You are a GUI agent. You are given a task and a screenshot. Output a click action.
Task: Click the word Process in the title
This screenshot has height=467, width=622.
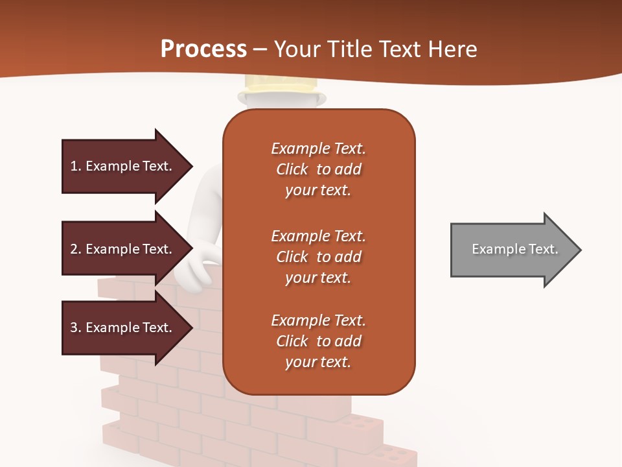[203, 49]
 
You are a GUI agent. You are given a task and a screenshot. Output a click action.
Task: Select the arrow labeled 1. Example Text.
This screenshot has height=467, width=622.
[123, 166]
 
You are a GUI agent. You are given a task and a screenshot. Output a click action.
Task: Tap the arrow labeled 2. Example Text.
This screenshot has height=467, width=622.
[123, 249]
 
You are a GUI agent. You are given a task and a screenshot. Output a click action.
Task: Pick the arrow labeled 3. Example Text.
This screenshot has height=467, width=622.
[123, 328]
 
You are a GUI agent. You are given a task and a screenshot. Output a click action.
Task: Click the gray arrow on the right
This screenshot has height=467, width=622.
[512, 250]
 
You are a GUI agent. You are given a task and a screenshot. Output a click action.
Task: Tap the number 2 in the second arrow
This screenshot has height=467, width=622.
[74, 249]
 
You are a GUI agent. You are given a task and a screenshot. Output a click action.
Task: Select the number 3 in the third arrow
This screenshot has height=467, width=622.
[74, 328]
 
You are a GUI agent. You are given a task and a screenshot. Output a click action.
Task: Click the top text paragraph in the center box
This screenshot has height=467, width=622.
[318, 169]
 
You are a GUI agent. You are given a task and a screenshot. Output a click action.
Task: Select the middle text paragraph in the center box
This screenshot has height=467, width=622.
[318, 257]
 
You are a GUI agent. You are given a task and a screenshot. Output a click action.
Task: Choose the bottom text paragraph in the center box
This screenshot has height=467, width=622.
[318, 341]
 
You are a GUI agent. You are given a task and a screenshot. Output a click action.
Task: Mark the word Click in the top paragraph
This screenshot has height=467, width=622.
[292, 169]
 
